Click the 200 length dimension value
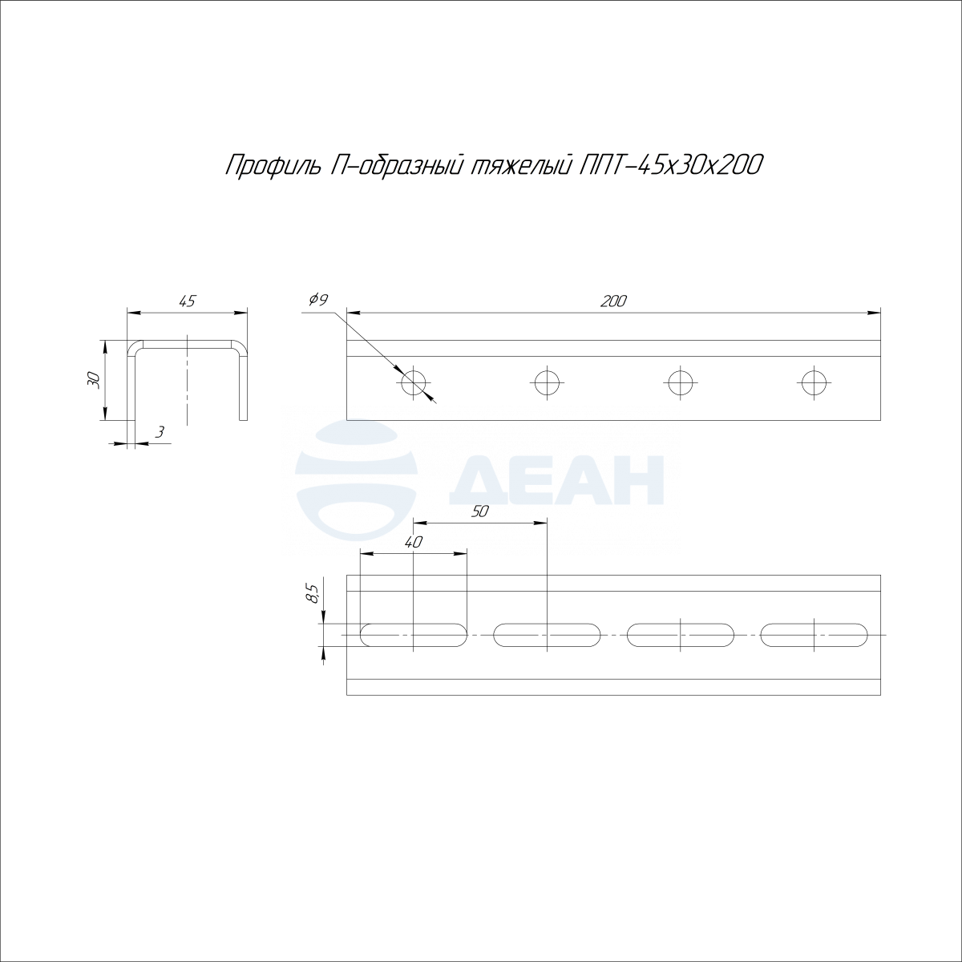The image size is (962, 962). [613, 301]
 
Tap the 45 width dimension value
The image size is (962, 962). [188, 301]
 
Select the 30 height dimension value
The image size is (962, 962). [95, 381]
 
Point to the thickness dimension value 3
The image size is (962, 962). [160, 432]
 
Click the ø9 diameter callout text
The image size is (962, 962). [318, 300]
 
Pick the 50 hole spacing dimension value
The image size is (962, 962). [479, 511]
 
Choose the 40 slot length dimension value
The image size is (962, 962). [414, 542]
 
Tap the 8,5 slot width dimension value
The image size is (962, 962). [314, 594]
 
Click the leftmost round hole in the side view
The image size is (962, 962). [414, 383]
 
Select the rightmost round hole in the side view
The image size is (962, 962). [814, 383]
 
